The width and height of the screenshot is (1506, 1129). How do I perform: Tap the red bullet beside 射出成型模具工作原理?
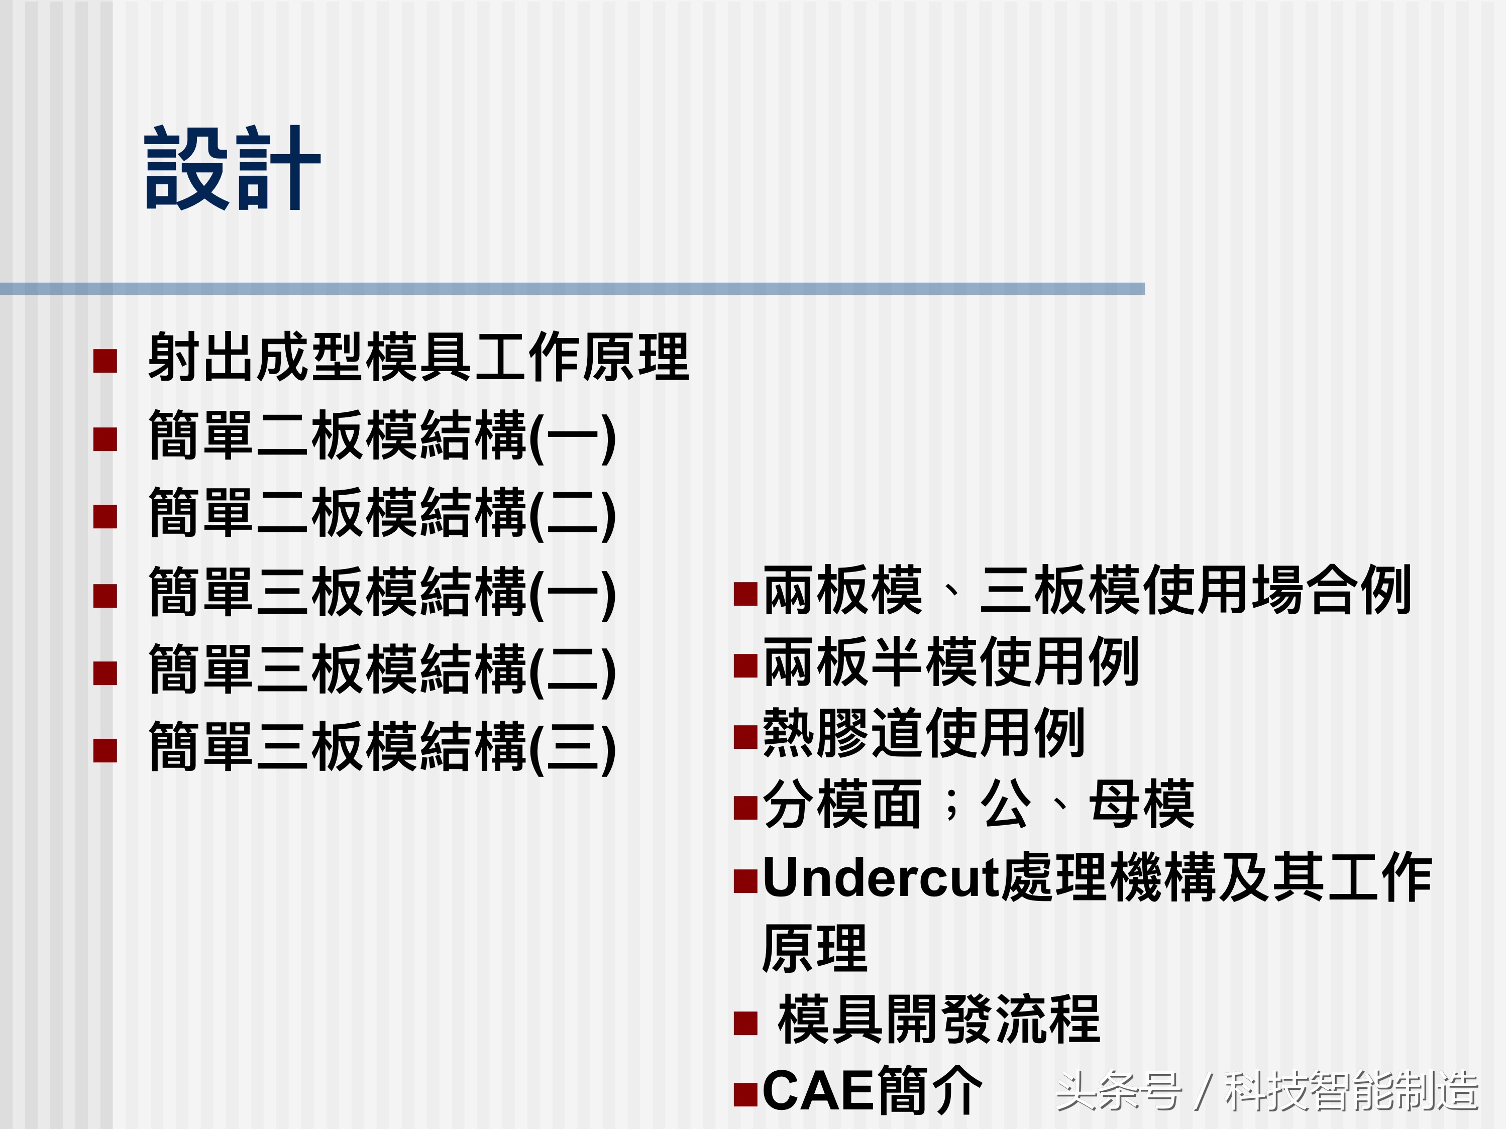[x=105, y=361]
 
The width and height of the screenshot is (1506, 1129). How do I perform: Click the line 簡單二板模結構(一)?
[x=382, y=436]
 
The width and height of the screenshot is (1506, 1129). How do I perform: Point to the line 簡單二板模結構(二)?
[x=382, y=514]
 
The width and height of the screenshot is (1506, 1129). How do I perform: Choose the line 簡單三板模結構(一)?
[x=382, y=593]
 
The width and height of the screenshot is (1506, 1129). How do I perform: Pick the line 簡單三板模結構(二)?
[x=382, y=670]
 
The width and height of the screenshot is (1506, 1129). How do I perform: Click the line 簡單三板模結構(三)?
[x=382, y=748]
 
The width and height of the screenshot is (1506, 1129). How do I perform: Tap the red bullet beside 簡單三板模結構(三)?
[x=105, y=751]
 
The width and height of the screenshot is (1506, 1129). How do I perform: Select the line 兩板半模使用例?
[x=950, y=662]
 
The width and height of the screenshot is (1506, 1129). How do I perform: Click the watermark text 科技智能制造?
[x=1351, y=1091]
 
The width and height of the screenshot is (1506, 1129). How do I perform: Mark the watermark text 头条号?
[x=1118, y=1091]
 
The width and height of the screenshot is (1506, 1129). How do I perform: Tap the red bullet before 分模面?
[x=745, y=808]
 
